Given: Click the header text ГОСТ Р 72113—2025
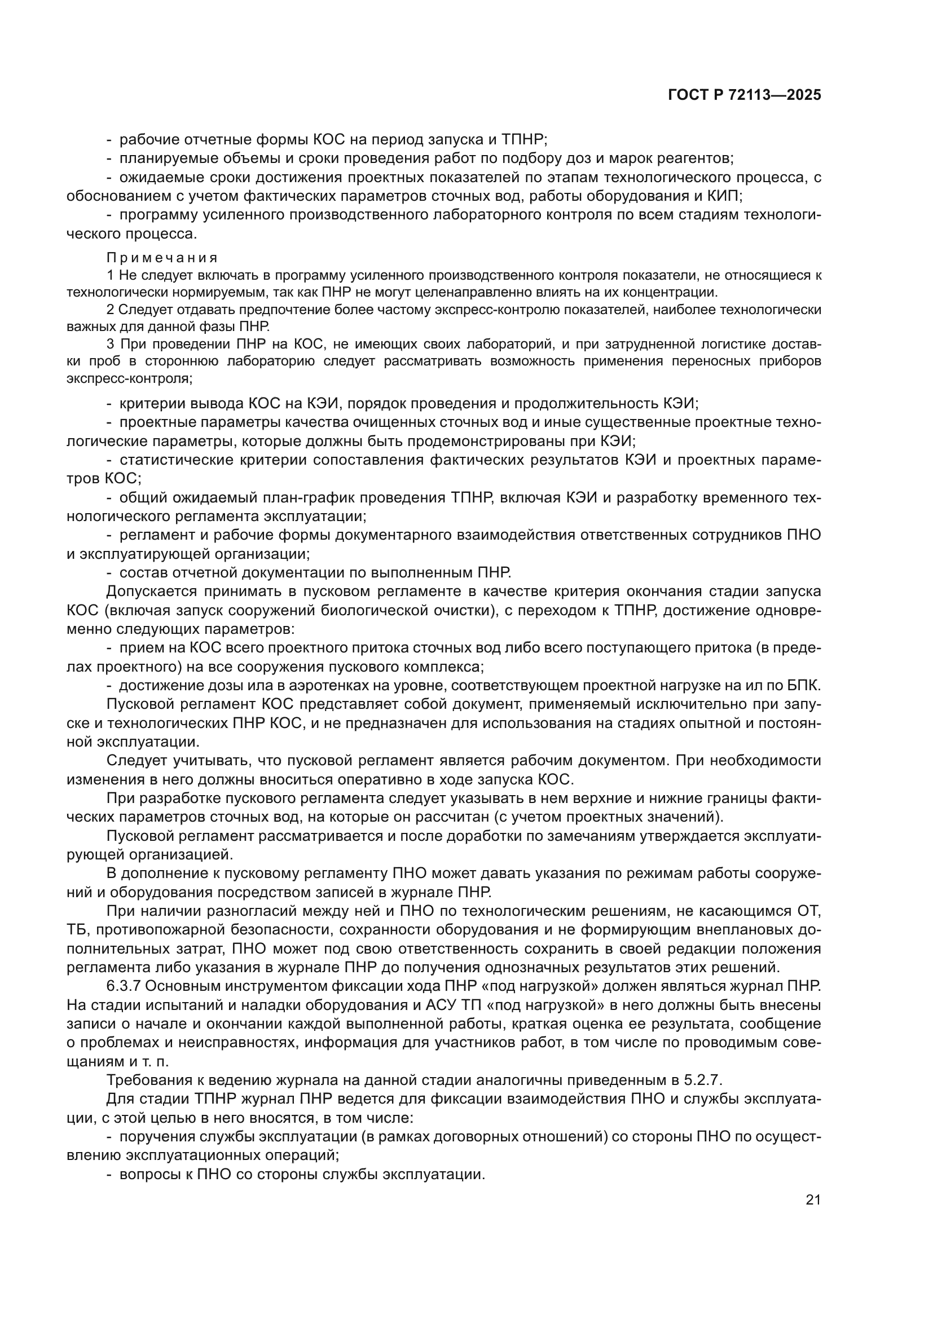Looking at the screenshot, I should point(744,95).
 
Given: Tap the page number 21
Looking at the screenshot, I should point(813,1200).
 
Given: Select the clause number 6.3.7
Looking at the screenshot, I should point(124,986).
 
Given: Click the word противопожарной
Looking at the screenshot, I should point(153,930).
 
